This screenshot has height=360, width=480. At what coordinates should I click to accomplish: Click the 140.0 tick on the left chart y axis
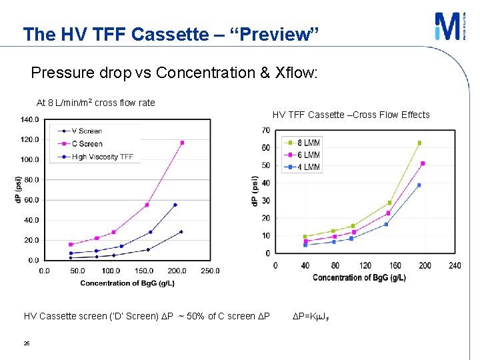29,120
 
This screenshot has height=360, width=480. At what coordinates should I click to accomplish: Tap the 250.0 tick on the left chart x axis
209,271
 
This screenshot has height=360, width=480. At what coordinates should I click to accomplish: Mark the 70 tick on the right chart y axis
265,130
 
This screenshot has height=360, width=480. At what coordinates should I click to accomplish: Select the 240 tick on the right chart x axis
454,266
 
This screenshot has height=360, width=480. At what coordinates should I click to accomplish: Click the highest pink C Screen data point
182,143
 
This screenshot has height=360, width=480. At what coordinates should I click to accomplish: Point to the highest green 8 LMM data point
419,143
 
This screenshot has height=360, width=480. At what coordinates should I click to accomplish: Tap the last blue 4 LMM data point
419,185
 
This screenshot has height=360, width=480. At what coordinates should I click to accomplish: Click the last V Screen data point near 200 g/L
181,232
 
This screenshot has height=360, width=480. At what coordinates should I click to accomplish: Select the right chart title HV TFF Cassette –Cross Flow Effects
351,115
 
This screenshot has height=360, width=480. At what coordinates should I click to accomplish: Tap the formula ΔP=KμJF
311,316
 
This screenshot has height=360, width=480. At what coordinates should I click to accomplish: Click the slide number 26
27,344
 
